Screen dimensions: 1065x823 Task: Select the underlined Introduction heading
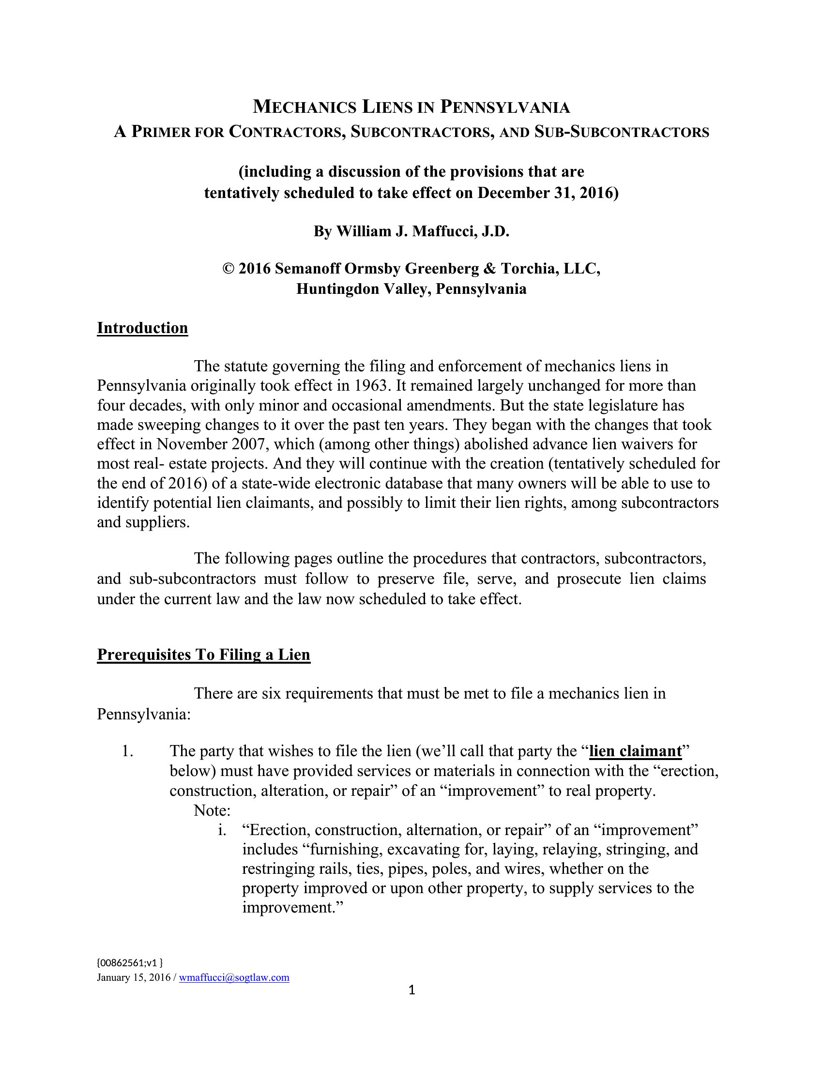(x=142, y=328)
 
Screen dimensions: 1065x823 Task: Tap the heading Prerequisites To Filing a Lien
(x=203, y=654)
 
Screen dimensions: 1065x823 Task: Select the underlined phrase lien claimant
(x=635, y=751)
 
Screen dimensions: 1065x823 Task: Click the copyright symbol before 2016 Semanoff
(x=228, y=269)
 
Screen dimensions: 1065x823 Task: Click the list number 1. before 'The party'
(x=128, y=751)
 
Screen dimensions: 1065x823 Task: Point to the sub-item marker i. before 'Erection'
(x=222, y=830)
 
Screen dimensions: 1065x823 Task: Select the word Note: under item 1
(x=212, y=810)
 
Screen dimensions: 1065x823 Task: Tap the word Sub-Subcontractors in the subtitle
(x=622, y=132)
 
